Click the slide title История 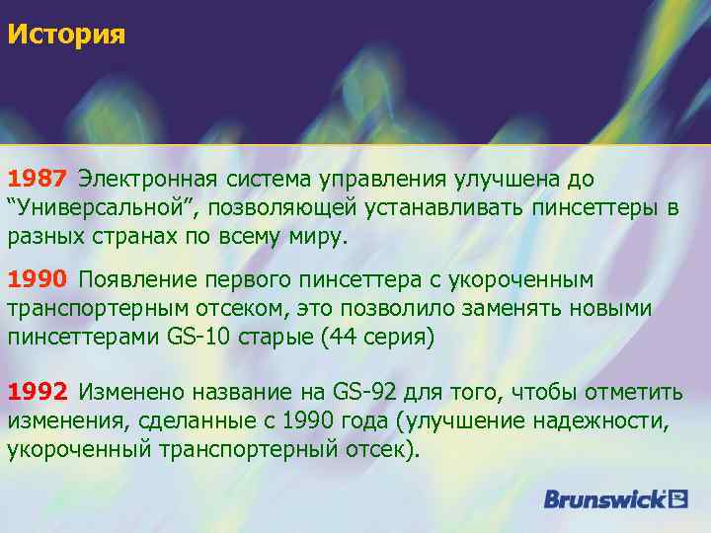(x=66, y=37)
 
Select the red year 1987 (x=38, y=180)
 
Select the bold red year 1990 (x=38, y=280)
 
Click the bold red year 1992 (x=38, y=393)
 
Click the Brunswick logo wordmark (x=603, y=499)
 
